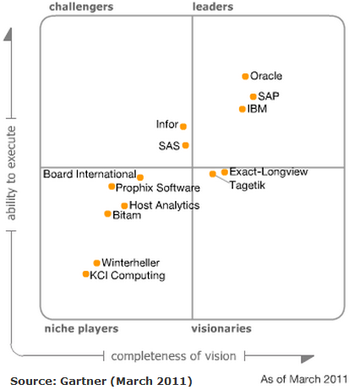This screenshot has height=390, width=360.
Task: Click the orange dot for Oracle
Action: (x=245, y=76)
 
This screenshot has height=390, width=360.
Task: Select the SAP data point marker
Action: (x=253, y=96)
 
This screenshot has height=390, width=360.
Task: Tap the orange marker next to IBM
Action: (x=243, y=109)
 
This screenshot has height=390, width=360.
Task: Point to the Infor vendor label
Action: (x=167, y=125)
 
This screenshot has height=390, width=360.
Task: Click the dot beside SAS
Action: (x=186, y=145)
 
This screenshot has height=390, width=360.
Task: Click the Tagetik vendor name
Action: (x=248, y=185)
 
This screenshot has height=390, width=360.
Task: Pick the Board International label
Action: (x=90, y=175)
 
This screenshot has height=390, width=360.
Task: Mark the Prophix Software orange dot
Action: (x=112, y=187)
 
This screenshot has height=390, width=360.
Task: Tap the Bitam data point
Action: (x=107, y=214)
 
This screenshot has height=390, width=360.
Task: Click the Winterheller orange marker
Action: (x=96, y=263)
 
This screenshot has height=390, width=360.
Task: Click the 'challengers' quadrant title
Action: (x=82, y=7)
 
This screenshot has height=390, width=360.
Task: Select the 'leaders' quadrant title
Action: (x=213, y=7)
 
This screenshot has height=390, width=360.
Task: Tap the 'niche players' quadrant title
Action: (x=81, y=328)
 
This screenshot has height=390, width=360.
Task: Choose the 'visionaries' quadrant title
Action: (x=221, y=328)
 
